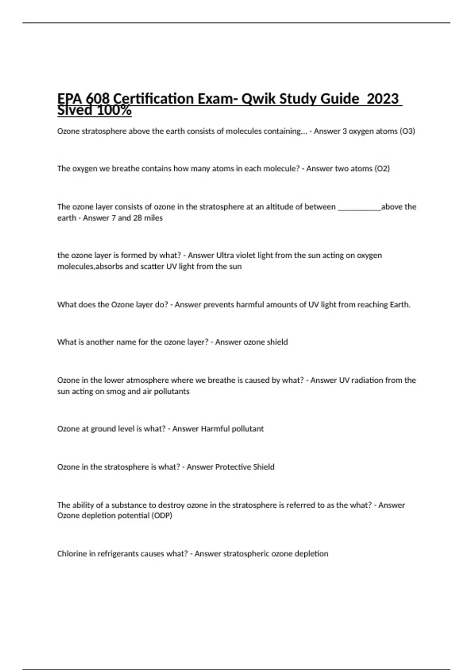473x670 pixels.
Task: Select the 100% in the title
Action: click(114, 110)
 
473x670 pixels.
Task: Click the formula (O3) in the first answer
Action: click(407, 131)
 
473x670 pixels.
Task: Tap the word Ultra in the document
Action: click(225, 255)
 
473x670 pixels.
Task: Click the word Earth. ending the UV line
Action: click(400, 305)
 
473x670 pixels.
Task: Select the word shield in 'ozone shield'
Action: click(277, 342)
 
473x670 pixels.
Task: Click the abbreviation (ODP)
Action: click(162, 516)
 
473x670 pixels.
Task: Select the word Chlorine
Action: click(72, 554)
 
